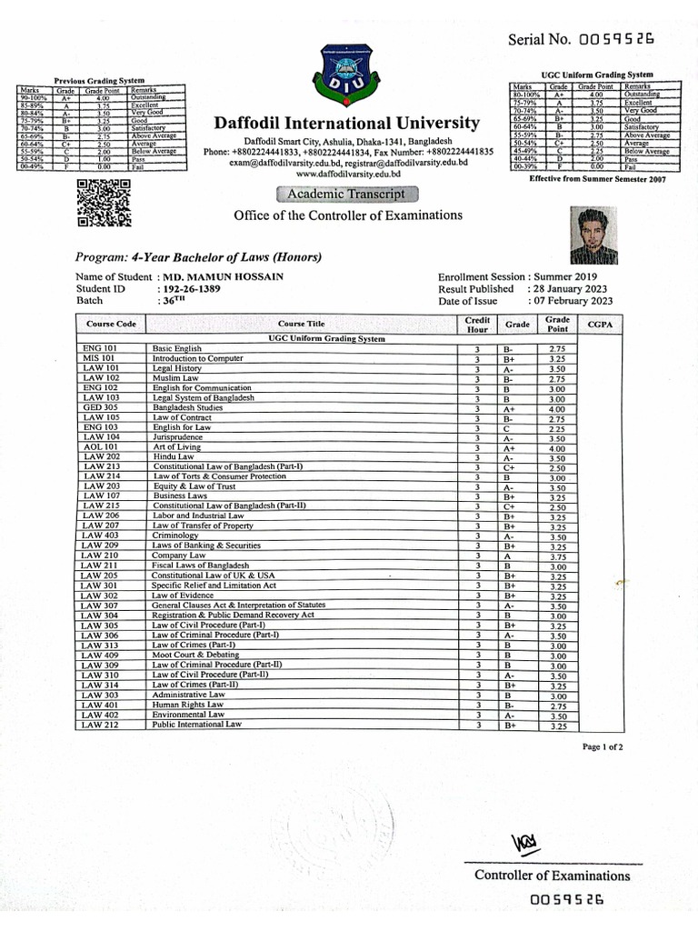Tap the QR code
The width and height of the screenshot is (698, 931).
pos(103,202)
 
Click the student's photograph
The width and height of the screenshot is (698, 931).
pos(595,235)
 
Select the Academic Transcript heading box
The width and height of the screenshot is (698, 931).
pos(347,194)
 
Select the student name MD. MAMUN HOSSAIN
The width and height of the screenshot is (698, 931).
pos(223,276)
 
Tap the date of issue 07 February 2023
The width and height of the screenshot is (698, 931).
pos(570,301)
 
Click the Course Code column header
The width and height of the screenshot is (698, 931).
pos(111,324)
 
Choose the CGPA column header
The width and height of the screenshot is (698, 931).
pos(600,324)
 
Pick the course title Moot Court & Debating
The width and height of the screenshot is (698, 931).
pos(195,654)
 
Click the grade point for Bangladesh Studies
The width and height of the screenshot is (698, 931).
pos(557,409)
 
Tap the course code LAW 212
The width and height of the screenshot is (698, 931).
pos(100,725)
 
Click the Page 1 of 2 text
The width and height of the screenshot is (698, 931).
pos(603,746)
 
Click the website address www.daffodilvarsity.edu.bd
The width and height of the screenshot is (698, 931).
pos(348,173)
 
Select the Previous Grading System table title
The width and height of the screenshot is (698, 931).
pos(100,81)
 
